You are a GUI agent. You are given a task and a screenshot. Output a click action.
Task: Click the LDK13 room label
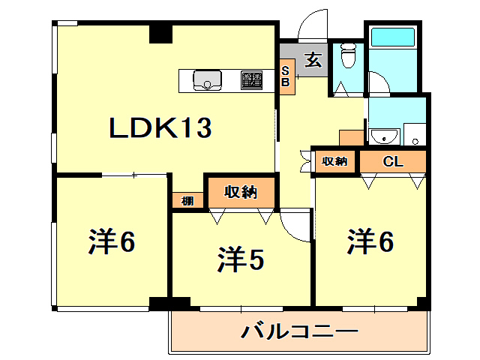(x=160, y=129)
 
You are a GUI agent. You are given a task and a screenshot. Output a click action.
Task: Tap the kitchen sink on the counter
(x=206, y=79)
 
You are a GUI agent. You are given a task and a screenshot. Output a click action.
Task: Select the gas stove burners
(x=252, y=79)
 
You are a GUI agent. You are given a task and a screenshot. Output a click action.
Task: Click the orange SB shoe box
(x=286, y=76)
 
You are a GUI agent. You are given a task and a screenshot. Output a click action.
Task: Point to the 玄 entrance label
(x=313, y=60)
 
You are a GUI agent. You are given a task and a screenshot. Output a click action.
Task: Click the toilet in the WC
(x=348, y=55)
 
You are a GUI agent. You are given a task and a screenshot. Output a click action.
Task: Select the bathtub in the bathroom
(x=393, y=37)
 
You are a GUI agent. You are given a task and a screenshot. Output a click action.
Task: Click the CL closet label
(x=393, y=161)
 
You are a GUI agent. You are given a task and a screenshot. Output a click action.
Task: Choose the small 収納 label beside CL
(x=335, y=161)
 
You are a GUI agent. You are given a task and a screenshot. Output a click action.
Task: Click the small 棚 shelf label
(x=186, y=201)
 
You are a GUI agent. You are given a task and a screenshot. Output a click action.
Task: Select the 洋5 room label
(x=241, y=260)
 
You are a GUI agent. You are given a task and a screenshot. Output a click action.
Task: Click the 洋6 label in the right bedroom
(x=370, y=241)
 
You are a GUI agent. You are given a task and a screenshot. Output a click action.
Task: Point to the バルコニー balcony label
(x=299, y=331)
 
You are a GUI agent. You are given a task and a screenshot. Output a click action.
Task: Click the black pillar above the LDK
(x=160, y=34)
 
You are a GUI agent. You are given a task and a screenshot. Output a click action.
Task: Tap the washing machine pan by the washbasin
(x=414, y=135)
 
